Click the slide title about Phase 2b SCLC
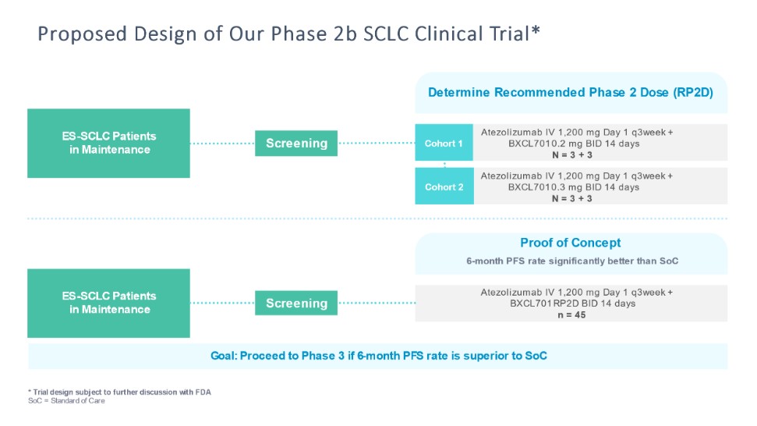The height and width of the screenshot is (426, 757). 288,34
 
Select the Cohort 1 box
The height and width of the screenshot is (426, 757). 444,144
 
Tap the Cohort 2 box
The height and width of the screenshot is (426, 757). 444,187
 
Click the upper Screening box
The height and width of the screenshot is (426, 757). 296,144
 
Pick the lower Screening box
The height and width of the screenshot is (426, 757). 296,304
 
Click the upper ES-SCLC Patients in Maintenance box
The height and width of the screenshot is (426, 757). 108,143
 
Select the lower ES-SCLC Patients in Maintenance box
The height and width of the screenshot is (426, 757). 108,303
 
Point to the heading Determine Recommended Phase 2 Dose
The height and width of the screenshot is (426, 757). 571,93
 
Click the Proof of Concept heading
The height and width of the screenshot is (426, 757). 571,243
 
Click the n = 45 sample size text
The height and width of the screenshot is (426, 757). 573,315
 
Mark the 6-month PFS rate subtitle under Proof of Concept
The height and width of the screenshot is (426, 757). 571,261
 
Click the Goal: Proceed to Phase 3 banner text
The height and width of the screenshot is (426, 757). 379,356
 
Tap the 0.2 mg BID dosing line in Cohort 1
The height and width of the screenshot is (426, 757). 573,144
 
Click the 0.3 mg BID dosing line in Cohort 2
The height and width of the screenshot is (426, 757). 573,187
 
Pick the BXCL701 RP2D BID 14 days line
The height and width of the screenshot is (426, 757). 571,304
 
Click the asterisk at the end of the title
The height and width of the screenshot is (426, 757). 536,31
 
